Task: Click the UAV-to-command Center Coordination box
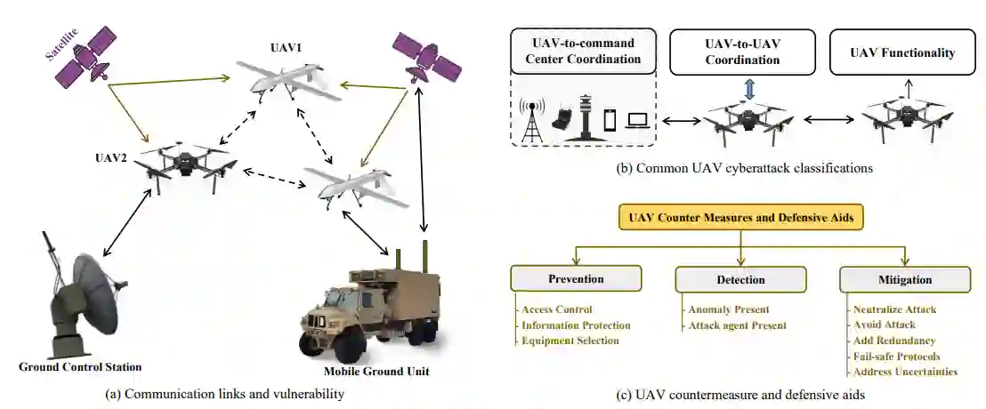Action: click(x=584, y=52)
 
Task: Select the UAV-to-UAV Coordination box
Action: click(x=742, y=52)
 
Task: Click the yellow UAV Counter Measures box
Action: click(x=740, y=217)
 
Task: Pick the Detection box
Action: click(x=739, y=279)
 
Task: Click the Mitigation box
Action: click(x=903, y=279)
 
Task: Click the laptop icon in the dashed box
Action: click(x=638, y=121)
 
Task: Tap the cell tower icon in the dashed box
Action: click(x=531, y=119)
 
